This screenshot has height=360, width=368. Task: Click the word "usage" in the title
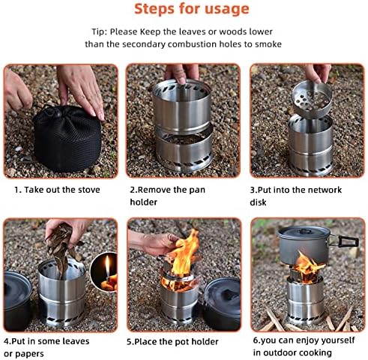click(x=227, y=10)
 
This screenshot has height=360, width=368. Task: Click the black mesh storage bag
click(x=67, y=139)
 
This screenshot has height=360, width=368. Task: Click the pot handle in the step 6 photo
click(x=344, y=241)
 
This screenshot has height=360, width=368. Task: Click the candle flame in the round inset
click(x=107, y=265)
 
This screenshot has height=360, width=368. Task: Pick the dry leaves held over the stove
click(x=62, y=248)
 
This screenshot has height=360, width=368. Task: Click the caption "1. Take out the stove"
click(x=57, y=190)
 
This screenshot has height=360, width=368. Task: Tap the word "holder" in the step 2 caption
click(x=143, y=202)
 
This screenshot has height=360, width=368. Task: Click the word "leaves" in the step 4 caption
click(x=76, y=341)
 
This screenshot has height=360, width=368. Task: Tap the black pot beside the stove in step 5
click(x=221, y=303)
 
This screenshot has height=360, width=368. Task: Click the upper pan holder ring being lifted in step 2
click(x=182, y=106)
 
